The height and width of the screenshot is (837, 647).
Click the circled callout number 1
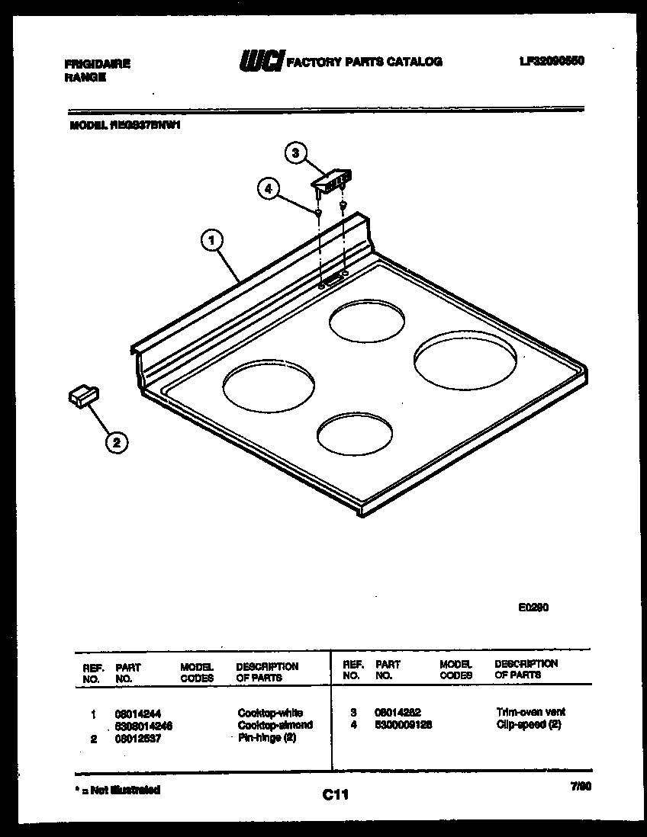pos(211,242)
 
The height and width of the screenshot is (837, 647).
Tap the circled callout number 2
pos(116,441)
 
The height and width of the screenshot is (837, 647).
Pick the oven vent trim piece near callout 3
pos(331,180)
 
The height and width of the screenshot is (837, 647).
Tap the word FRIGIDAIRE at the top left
pos(97,64)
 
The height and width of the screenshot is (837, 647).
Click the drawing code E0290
pos(533,608)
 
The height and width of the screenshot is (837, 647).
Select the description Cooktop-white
pos(269,714)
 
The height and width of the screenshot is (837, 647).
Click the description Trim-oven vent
pos(530,712)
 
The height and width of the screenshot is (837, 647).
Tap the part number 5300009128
pos(404,724)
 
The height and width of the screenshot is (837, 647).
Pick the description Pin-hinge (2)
pos(266,737)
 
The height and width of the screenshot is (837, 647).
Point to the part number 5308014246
pos(144,726)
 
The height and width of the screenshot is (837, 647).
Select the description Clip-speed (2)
pos(528,724)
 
